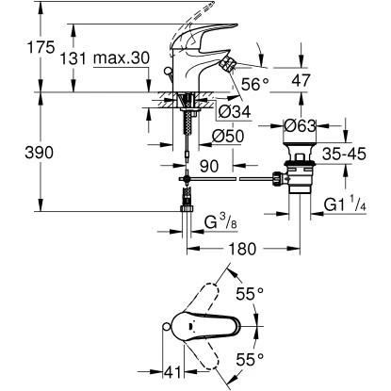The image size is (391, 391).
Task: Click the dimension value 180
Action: [x=239, y=250]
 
